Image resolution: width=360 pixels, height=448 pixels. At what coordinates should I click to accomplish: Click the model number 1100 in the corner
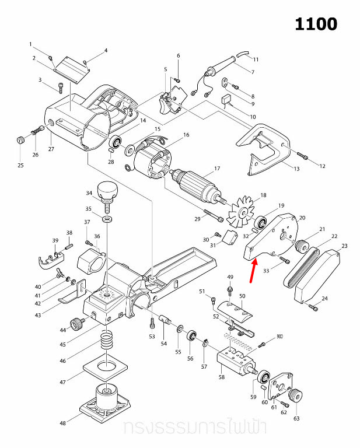[x=316, y=24]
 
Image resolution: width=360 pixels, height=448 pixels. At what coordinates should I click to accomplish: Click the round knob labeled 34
[x=107, y=189]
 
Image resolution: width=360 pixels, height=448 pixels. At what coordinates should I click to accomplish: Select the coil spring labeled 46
[x=107, y=339]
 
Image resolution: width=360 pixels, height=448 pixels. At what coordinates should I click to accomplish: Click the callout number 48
[x=63, y=423]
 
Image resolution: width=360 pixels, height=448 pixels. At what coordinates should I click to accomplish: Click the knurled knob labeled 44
[x=76, y=323]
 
